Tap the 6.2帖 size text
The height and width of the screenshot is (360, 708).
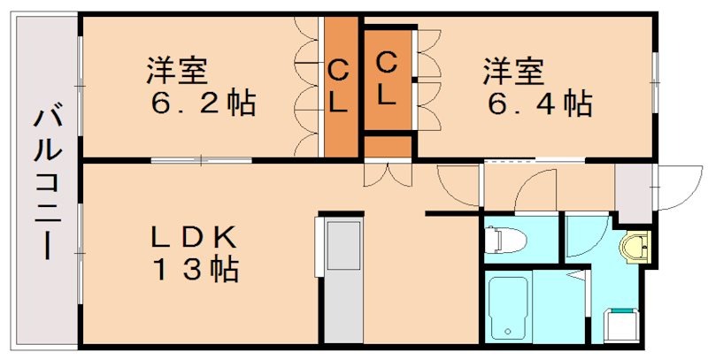coord(203,103)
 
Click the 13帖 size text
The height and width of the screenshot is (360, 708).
coord(194,269)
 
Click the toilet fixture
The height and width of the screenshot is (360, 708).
coord(504,239)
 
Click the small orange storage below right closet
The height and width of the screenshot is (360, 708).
coord(388,145)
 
